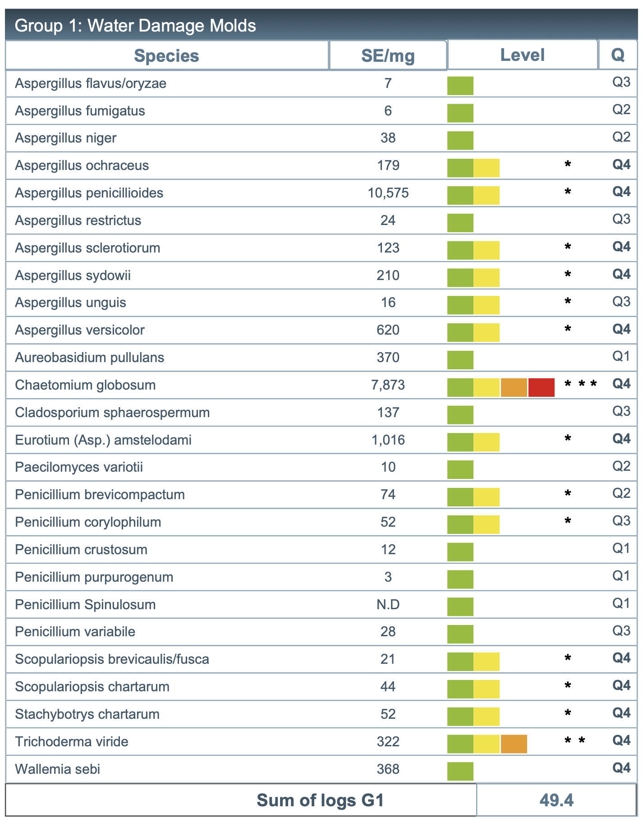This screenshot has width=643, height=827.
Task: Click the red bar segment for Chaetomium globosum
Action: (541, 387)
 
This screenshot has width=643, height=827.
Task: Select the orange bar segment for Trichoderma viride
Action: (514, 744)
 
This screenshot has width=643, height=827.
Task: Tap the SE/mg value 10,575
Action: (388, 193)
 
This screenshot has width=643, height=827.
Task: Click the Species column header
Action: (166, 56)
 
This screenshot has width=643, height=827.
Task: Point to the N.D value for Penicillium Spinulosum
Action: (388, 604)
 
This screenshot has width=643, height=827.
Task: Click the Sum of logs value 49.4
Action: (556, 800)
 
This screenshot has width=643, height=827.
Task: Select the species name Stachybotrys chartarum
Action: (87, 714)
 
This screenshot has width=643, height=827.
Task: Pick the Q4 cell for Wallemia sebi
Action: (621, 768)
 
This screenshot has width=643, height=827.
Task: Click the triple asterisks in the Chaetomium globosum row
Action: (581, 384)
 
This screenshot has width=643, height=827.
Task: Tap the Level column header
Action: (522, 55)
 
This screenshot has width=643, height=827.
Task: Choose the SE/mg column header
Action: (388, 56)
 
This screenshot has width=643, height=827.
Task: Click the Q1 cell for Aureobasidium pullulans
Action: (621, 356)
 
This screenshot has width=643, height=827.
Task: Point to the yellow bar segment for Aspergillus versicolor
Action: (487, 332)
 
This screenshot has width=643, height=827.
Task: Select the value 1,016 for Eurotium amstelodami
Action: (388, 440)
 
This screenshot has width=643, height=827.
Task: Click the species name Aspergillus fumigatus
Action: (80, 111)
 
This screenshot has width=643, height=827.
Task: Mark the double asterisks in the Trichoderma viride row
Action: (575, 740)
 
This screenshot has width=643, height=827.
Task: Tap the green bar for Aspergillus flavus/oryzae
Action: (460, 86)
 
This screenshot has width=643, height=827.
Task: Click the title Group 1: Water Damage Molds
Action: (135, 26)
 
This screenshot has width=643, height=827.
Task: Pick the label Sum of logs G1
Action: (320, 800)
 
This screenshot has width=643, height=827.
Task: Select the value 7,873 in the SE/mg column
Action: (388, 385)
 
